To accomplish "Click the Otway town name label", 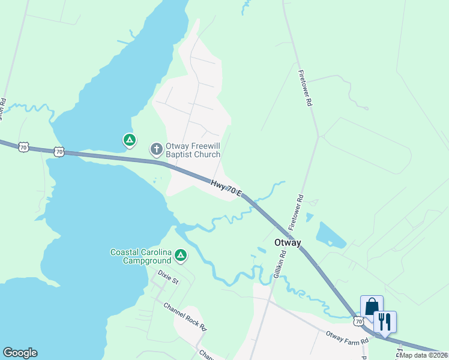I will [x=287, y=243].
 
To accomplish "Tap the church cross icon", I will [x=156, y=148].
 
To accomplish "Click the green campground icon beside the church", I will [x=129, y=140].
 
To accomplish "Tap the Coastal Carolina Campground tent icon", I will [x=181, y=256].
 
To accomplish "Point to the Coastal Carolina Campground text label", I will [x=141, y=256].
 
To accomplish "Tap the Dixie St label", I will [x=168, y=277].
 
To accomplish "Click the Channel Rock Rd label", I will [x=185, y=317].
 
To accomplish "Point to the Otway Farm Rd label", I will [x=347, y=338].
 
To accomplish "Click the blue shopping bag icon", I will [x=372, y=307].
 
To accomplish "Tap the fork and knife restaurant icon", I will [x=385, y=321].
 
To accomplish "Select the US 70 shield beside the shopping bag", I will [x=359, y=322].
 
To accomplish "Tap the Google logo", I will [x=20, y=353].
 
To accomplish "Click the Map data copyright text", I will [x=424, y=355].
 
